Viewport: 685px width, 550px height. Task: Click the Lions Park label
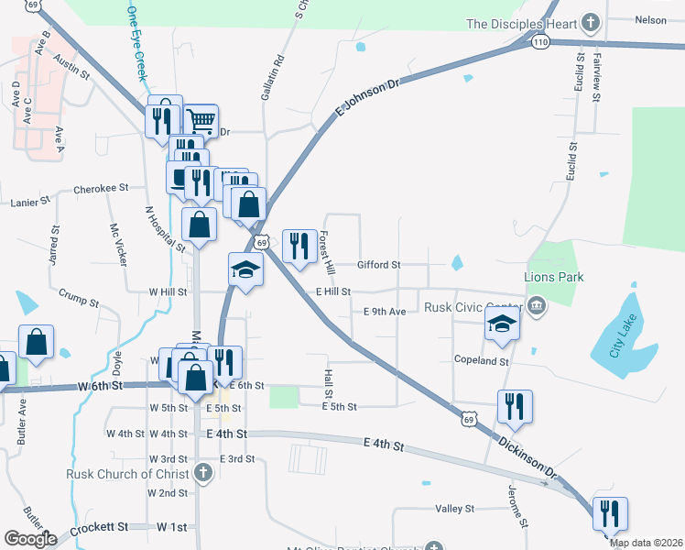point(553,277)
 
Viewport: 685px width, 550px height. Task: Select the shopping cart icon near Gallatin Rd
point(201,121)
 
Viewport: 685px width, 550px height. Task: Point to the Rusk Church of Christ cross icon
point(203,474)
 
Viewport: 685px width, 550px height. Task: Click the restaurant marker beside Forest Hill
point(299,246)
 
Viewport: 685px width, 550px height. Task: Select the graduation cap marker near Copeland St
point(501,324)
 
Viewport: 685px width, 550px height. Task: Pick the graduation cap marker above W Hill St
point(245,269)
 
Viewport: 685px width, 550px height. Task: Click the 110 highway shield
point(540,42)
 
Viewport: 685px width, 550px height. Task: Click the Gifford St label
point(379,265)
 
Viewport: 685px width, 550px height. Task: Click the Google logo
point(29,539)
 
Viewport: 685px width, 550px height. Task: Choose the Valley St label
point(454,509)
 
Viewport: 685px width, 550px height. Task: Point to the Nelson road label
point(650,19)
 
